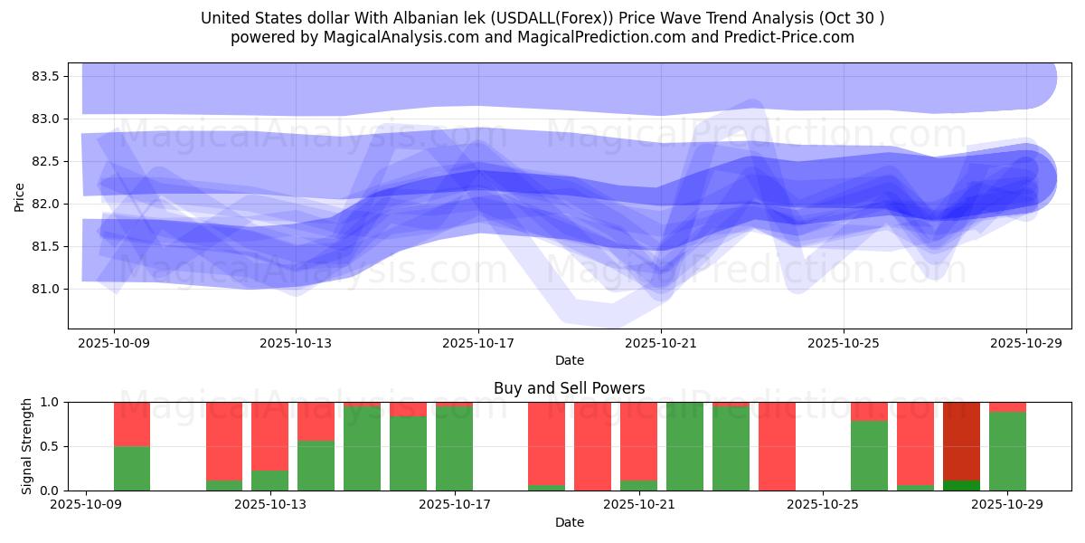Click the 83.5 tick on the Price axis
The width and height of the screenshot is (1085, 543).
[45, 76]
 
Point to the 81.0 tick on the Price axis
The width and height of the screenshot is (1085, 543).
[45, 289]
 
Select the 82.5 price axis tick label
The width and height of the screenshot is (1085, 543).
[45, 161]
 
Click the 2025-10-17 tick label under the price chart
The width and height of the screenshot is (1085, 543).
[478, 344]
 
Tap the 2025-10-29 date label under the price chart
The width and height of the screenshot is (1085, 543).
[1025, 344]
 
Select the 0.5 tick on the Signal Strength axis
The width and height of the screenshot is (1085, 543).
[50, 446]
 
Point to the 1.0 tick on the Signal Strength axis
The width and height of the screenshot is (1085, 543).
[50, 402]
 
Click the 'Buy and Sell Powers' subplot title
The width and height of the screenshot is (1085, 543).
[569, 388]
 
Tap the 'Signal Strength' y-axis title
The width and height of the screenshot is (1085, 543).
[26, 445]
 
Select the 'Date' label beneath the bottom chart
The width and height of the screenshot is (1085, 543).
[569, 522]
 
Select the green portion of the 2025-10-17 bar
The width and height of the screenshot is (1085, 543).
[454, 449]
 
